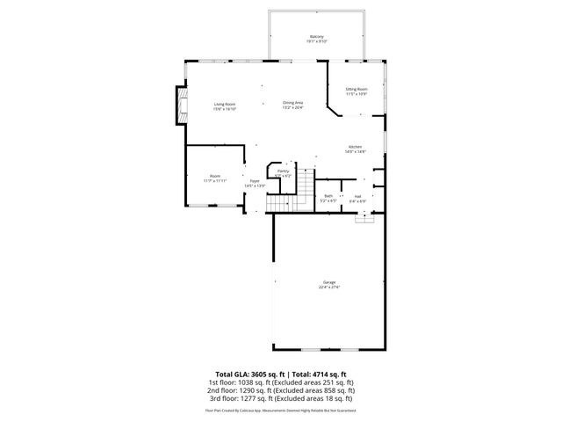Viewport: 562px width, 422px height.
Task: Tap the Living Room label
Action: pos(225,104)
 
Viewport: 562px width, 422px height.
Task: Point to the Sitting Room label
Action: pos(356,89)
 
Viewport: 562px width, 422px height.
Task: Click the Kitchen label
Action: pos(356,147)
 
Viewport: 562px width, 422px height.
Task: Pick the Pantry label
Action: pos(283,171)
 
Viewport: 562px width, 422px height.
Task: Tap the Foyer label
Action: pos(255,181)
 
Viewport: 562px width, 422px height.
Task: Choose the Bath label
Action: pos(328,195)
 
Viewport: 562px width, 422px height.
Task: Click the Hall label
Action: pos(357,195)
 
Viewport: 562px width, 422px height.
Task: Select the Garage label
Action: pos(328,282)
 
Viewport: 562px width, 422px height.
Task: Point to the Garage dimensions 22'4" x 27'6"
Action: pos(328,287)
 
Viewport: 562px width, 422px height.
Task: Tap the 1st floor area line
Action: pos(281,382)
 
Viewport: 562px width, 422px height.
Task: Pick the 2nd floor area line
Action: pos(281,389)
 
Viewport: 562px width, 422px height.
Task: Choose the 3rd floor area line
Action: pos(281,397)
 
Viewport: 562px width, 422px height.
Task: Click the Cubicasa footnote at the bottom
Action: pos(281,410)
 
